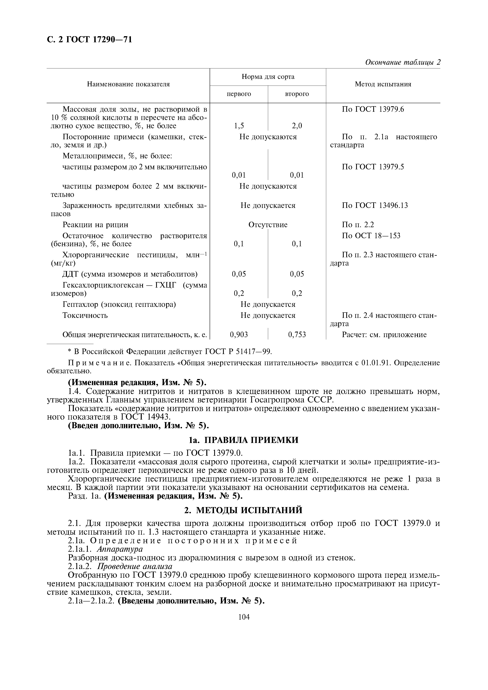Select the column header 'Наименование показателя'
(x=128, y=84)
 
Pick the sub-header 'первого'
(x=239, y=94)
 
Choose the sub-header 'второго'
(x=297, y=94)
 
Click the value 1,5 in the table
(x=239, y=126)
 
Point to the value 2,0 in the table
(x=297, y=126)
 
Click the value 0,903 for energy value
(x=239, y=335)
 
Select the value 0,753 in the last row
(x=297, y=335)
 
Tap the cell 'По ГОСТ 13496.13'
(x=375, y=205)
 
